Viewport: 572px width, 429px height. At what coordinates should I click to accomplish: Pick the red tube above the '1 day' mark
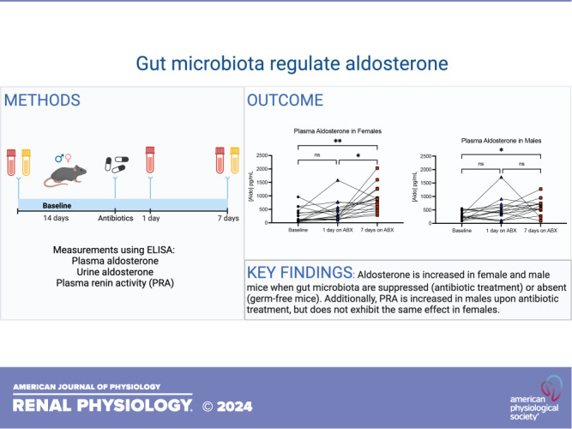(150, 160)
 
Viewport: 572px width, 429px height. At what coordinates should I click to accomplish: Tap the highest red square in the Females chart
(376, 169)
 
